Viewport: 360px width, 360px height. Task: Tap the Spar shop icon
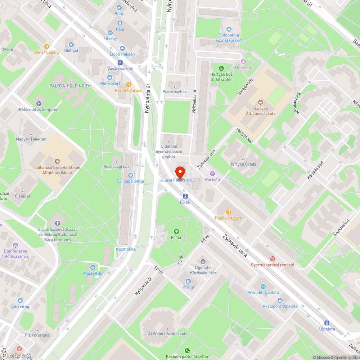pos(120,7)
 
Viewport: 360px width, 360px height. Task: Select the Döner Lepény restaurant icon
pos(47,46)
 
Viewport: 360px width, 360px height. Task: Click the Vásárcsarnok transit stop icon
pos(120,62)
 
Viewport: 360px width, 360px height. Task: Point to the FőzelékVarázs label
pos(129,90)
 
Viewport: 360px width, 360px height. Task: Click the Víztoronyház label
pos(175,91)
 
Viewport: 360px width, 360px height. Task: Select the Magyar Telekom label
pos(31,139)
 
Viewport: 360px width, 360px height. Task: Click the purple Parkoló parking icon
pos(212,173)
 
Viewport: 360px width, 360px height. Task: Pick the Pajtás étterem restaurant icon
pos(228,212)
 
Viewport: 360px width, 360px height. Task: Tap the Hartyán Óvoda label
pos(243,164)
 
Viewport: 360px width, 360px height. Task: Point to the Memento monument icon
pos(243,62)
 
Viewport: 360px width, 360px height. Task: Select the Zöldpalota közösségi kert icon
pos(229,29)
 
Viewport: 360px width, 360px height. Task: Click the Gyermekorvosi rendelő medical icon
pos(273,259)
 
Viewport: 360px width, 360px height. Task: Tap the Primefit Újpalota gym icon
pos(263,287)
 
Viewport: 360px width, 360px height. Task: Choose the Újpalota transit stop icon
pos(327,323)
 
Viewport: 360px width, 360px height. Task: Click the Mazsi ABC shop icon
pos(93,267)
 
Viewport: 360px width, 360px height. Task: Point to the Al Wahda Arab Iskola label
pos(168,334)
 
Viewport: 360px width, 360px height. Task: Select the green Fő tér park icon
pos(176,231)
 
